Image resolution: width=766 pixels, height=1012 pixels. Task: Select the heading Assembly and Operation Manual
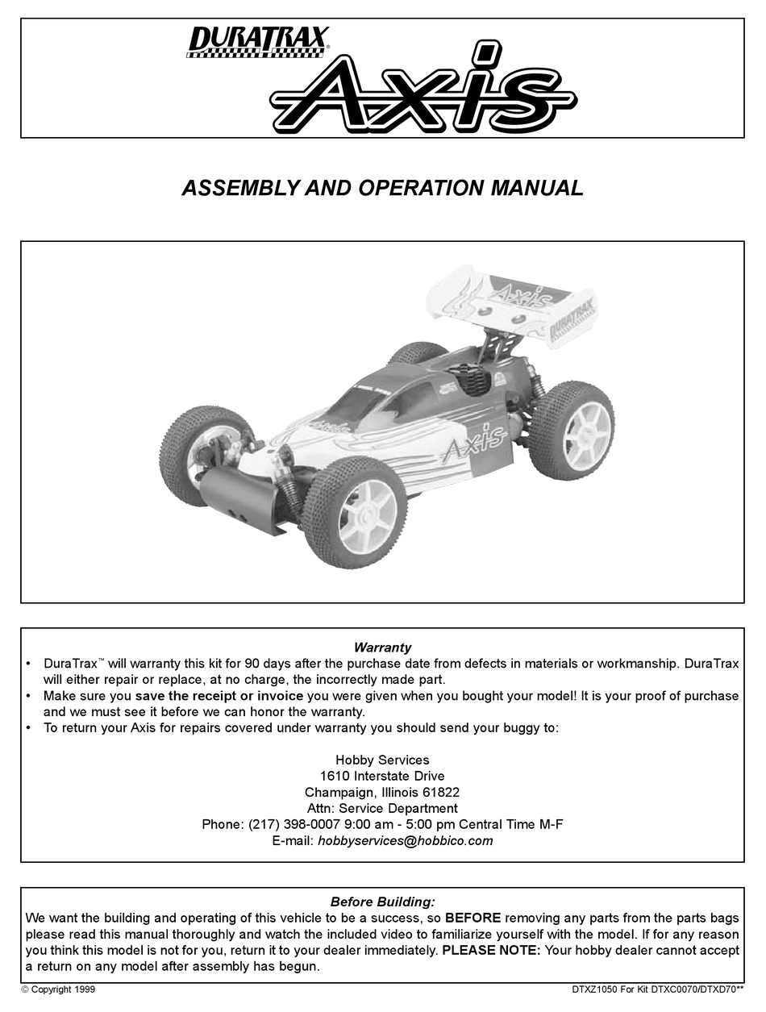point(382,189)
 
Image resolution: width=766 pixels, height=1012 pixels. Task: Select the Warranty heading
point(382,648)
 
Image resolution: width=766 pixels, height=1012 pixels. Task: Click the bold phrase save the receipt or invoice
point(219,695)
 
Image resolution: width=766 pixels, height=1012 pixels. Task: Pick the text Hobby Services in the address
point(382,760)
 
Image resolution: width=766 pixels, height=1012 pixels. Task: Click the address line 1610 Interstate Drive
point(382,776)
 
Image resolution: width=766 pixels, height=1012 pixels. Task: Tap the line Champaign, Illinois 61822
point(382,792)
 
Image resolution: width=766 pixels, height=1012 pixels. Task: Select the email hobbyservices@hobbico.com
point(405,840)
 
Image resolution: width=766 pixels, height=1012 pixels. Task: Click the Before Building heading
point(382,902)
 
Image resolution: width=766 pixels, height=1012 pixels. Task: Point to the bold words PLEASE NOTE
point(492,950)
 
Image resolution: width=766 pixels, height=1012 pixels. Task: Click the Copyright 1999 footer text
point(58,989)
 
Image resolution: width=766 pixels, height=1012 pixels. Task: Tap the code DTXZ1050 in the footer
point(595,989)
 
